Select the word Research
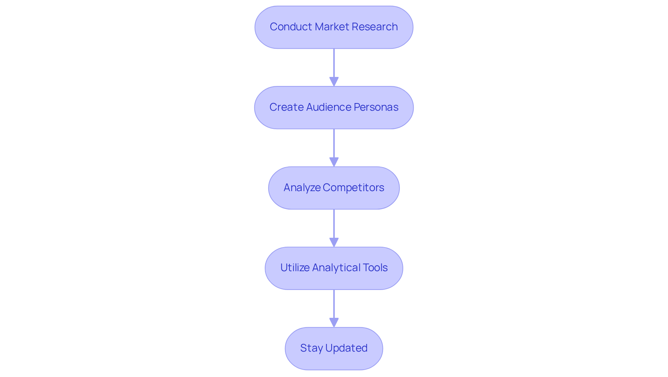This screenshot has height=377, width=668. pos(374,27)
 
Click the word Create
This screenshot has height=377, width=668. pos(286,107)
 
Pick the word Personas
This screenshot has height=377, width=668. pos(376,107)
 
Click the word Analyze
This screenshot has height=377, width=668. pos(302,188)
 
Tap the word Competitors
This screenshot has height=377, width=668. pos(353,188)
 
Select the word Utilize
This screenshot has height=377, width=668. pos(294,268)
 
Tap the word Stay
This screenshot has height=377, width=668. pos(311,348)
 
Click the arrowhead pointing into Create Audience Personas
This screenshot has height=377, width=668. pos(334,82)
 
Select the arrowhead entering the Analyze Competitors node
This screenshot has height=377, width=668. pos(334,162)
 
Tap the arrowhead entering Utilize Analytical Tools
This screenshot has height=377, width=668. pos(334,243)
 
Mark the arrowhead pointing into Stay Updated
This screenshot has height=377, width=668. pos(334,323)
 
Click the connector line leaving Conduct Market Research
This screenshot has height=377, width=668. pos(334,63)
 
